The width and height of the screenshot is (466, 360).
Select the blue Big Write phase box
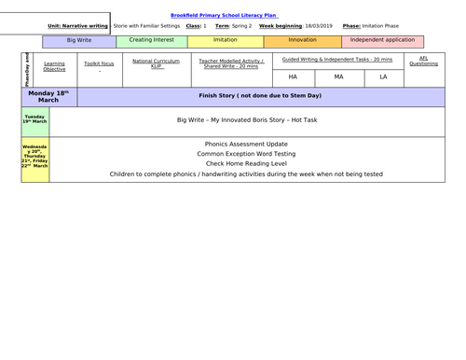coord(79,41)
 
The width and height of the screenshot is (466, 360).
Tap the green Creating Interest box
coord(153,41)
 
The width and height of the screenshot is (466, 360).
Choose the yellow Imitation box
coord(226,41)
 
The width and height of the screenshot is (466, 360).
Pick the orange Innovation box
coord(302,41)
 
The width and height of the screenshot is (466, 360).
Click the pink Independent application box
coord(383,41)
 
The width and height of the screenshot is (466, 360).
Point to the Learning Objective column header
coord(54,66)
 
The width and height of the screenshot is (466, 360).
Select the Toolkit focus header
coord(99,62)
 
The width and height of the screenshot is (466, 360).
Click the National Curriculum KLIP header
coord(157,62)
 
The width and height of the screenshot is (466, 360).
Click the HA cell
coord(293,76)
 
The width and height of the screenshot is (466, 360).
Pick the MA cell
coord(338,76)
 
